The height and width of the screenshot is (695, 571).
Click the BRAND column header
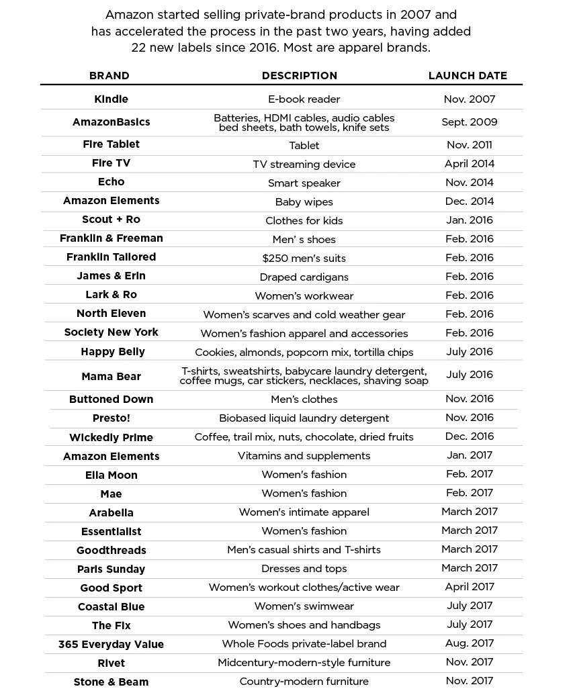pos(109,76)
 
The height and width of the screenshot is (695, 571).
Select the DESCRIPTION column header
pos(300,76)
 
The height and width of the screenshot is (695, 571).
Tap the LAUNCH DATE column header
pos(468,76)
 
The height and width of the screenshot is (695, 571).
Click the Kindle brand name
pos(111,99)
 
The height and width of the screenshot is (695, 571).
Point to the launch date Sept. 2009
pos(469,122)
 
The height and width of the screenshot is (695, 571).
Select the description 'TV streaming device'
pos(304,164)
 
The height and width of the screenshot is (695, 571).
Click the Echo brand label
pos(111,182)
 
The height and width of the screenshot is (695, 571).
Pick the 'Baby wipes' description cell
pos(304,201)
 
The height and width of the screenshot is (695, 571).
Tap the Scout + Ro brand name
pos(111,220)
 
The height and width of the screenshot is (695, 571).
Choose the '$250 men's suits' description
pos(304,258)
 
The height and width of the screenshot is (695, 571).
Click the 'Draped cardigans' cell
pos(304,277)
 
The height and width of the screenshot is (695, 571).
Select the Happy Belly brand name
pos(112,352)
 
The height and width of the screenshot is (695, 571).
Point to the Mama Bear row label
pos(111,376)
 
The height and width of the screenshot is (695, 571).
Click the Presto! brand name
pos(111,418)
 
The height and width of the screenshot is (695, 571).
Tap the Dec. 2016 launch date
pos(469,436)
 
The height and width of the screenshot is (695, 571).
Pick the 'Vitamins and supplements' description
pos(304,455)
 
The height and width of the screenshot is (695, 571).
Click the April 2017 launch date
pos(469,587)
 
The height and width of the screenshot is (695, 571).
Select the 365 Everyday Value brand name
pos(111,644)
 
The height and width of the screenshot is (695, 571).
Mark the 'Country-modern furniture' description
pos(304,682)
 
